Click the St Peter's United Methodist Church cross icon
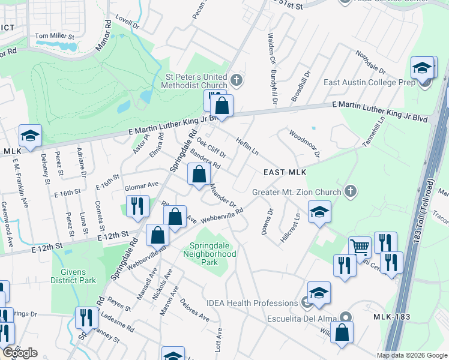pyautogui.click(x=237, y=79)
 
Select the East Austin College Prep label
pyautogui.click(x=366, y=82)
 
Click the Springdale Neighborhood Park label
pyautogui.click(x=213, y=254)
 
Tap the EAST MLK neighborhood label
pyautogui.click(x=286, y=172)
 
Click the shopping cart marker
pyautogui.click(x=360, y=247)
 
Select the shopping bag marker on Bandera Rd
pyautogui.click(x=199, y=175)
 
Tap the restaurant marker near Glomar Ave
pyautogui.click(x=137, y=206)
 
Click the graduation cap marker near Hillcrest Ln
pyautogui.click(x=319, y=212)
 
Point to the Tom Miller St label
pyautogui.click(x=55, y=36)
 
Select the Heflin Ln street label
pyautogui.click(x=247, y=145)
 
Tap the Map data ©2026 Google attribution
pyautogui.click(x=412, y=355)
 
